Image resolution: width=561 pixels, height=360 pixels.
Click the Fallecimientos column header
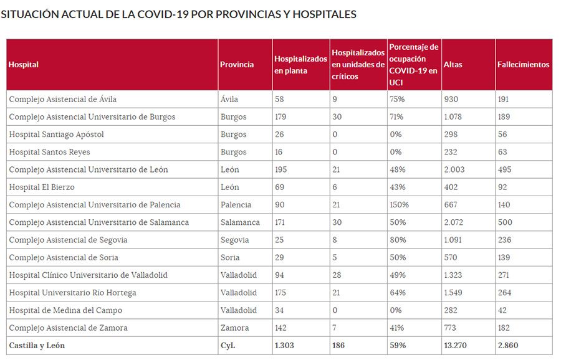[x=523, y=65]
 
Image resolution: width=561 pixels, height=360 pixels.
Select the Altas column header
[x=453, y=65]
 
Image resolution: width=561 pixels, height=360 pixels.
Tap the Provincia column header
[x=237, y=65]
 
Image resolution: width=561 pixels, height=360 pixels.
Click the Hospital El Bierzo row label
[x=49, y=187]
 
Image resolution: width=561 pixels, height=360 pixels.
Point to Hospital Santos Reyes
[x=49, y=152]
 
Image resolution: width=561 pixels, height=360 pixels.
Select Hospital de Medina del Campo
[x=65, y=310]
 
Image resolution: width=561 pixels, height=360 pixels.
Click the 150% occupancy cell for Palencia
[x=399, y=205]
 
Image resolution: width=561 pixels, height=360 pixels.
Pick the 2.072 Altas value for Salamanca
[x=454, y=222]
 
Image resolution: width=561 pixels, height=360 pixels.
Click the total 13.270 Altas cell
[x=456, y=345]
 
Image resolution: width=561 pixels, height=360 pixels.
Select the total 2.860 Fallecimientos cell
[x=507, y=345]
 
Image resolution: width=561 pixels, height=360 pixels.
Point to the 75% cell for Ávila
[x=397, y=99]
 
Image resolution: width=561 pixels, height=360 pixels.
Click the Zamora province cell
[x=234, y=328]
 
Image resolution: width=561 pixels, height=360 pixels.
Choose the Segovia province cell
[x=234, y=240]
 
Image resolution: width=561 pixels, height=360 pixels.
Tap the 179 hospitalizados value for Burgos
[x=282, y=116]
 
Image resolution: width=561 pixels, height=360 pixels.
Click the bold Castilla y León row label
[x=37, y=345]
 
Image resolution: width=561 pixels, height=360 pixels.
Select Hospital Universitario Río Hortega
[x=72, y=293]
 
